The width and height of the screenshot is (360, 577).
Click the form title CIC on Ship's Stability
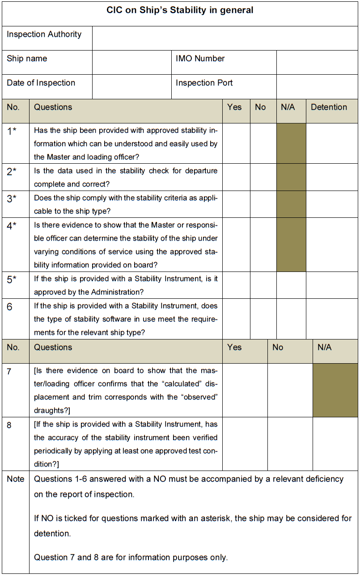pos(180,10)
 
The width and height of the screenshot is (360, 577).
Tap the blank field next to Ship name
pos(132,62)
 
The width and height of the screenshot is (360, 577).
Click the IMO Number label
pos(200,59)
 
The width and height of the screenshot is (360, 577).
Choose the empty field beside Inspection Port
pos(317,86)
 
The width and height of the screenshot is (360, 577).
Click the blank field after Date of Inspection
pos(132,86)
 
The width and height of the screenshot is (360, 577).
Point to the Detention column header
pos(329,107)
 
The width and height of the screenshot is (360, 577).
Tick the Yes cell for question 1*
pos(236,143)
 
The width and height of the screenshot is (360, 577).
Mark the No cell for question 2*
pos(263,177)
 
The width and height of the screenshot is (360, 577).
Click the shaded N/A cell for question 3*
pos(291,204)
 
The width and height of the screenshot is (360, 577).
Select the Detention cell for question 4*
pos(332,245)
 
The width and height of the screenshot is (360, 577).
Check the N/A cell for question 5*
pos(291,285)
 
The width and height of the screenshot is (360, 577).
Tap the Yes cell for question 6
pos(236,318)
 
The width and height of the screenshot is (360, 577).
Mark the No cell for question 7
pos(290,390)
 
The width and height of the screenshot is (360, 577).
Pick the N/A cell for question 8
pos(335,444)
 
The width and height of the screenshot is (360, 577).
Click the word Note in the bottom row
pos(16,479)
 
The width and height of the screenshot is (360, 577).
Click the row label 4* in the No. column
pos(12,225)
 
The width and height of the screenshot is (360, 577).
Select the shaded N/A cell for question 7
pos(335,390)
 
